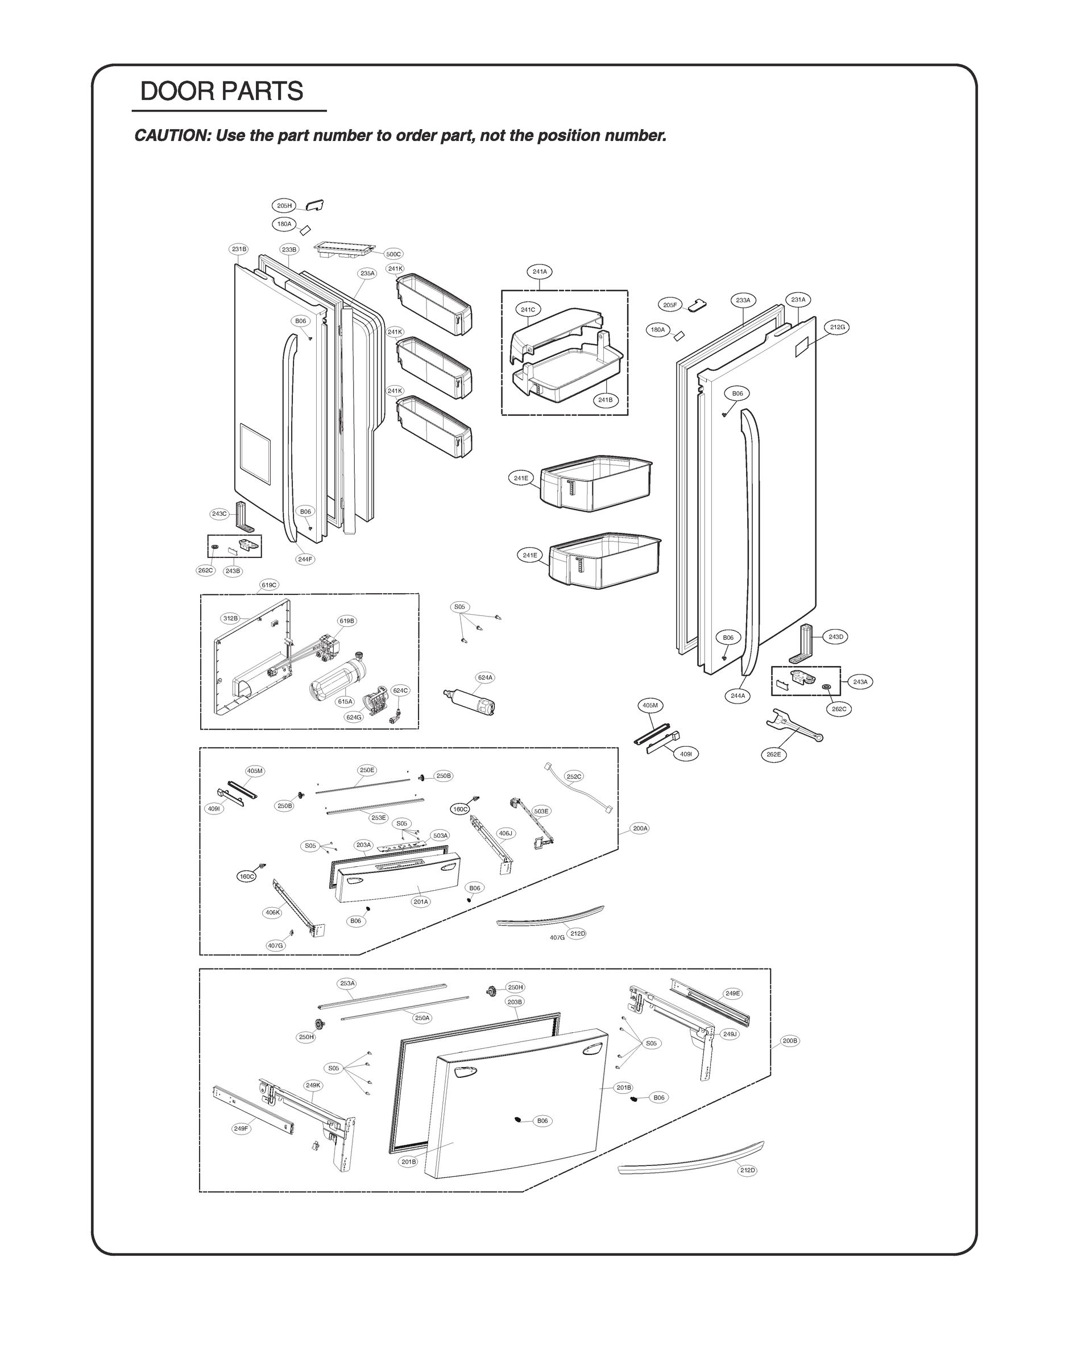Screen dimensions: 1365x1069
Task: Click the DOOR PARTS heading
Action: (222, 92)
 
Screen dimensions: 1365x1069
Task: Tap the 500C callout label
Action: (393, 254)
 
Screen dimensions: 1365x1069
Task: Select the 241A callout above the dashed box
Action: (540, 272)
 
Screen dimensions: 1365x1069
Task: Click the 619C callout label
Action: (269, 585)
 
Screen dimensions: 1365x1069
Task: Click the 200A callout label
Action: (640, 828)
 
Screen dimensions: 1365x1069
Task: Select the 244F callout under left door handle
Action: (305, 559)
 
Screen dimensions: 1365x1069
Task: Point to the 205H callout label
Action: (284, 205)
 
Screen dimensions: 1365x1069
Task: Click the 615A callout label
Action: (346, 702)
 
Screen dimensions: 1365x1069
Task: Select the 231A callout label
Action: (798, 300)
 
